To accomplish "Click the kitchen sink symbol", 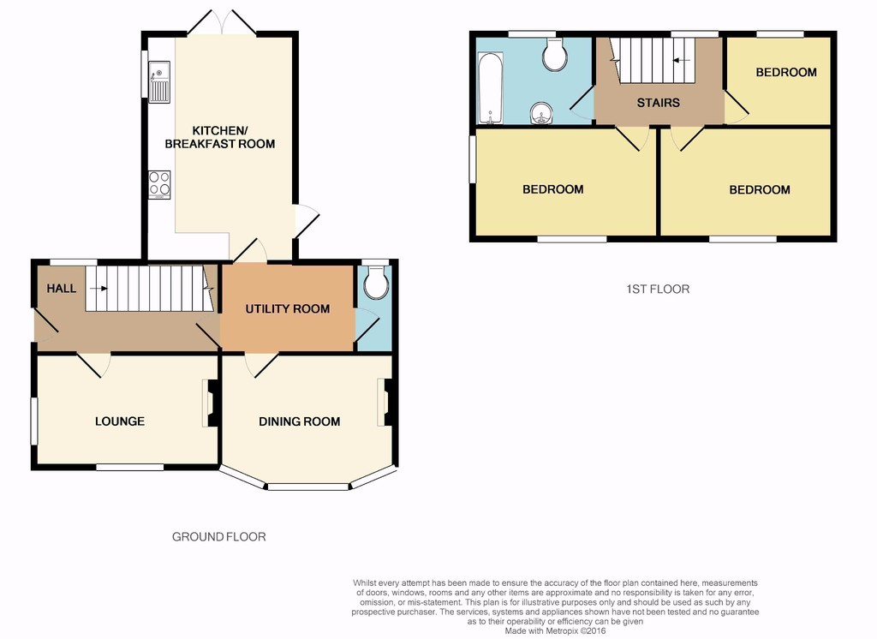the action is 158,82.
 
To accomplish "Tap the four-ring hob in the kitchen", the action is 159,185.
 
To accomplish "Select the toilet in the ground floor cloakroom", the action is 375,282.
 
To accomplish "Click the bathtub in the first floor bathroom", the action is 491,88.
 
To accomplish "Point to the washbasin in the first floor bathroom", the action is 541,114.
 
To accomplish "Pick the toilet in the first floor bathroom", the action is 555,55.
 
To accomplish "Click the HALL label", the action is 61,289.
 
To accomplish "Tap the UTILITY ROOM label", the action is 288,309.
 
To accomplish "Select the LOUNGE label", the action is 120,421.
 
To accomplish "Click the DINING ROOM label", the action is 299,421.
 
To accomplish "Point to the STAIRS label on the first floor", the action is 659,103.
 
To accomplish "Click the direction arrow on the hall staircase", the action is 98,289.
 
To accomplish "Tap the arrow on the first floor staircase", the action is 681,60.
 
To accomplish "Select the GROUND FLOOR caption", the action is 218,537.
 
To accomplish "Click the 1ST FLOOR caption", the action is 658,290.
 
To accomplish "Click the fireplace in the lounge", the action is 211,403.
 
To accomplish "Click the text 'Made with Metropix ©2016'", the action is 555,630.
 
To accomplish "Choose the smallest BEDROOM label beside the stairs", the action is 786,72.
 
